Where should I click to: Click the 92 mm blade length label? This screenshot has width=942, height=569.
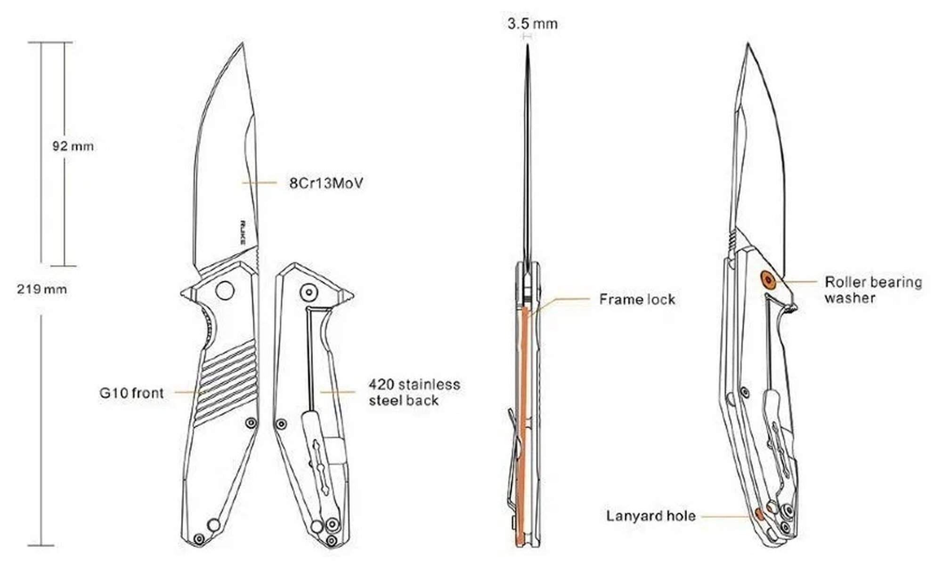pyautogui.click(x=73, y=146)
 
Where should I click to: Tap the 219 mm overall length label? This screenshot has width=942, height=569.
pyautogui.click(x=42, y=289)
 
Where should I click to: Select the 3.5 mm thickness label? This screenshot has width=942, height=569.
pyautogui.click(x=532, y=24)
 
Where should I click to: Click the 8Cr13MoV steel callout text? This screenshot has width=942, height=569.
pyautogui.click(x=326, y=183)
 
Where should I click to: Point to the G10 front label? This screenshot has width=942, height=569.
pyautogui.click(x=131, y=393)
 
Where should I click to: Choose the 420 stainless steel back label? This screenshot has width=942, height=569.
pyautogui.click(x=414, y=392)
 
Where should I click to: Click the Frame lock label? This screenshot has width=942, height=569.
pyautogui.click(x=637, y=299)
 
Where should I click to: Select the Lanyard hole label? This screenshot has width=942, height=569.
pyautogui.click(x=650, y=516)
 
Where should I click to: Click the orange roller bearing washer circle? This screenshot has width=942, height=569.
pyautogui.click(x=769, y=280)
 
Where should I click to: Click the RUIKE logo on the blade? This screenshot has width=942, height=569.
pyautogui.click(x=244, y=233)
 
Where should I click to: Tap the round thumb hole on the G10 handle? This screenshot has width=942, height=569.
pyautogui.click(x=225, y=289)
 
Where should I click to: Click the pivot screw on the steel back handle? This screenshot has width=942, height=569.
pyautogui.click(x=309, y=292)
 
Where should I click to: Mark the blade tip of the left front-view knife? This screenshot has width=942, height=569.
pyautogui.click(x=243, y=43)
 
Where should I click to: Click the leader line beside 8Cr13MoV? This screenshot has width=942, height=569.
pyautogui.click(x=260, y=183)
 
